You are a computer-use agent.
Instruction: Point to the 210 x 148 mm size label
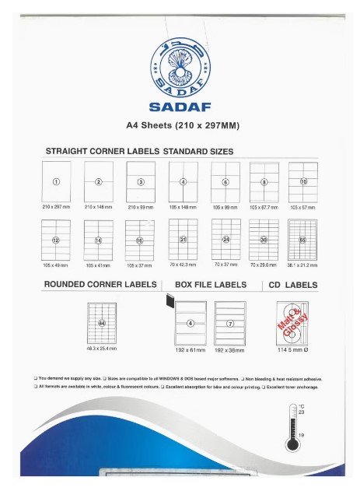point(98,208)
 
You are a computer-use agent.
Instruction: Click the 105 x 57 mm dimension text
point(302,208)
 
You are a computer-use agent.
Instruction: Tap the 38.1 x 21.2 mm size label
point(302,265)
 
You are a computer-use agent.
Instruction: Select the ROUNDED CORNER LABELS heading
point(101,285)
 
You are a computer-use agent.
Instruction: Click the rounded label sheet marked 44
point(101,322)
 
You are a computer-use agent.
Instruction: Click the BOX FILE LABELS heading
point(211,285)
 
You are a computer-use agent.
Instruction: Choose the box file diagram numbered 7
point(229,322)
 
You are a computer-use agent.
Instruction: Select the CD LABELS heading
point(299,285)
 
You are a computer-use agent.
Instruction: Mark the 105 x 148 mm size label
point(183,208)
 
